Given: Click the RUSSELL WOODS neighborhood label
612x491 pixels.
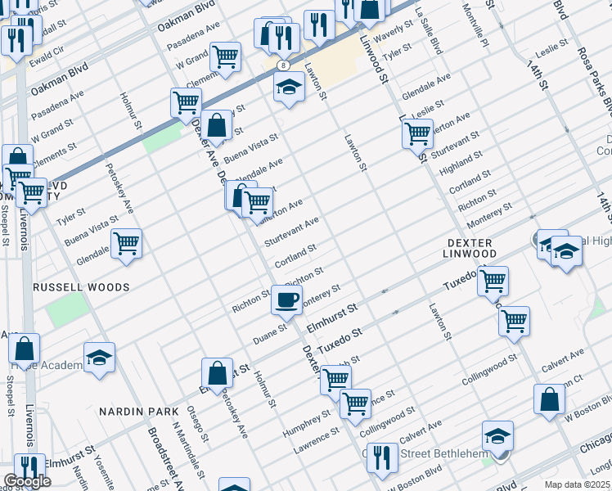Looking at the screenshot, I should point(81,287).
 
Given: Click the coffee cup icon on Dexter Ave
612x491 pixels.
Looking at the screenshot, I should point(286,300).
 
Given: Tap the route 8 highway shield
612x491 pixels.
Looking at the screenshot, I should point(282,64).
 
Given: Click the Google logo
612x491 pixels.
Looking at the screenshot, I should point(27,481).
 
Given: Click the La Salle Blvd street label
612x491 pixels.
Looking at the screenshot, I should point(430,32).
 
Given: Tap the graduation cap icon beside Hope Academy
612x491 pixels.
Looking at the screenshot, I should point(99,358).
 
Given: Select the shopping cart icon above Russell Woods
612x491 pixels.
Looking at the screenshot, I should point(127,243).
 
